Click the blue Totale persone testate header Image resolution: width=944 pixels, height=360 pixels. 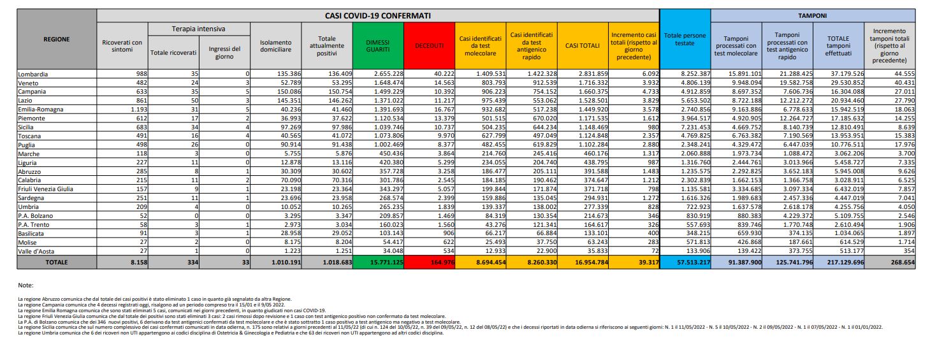tap(685, 40)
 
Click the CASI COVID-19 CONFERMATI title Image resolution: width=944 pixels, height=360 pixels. tap(379, 14)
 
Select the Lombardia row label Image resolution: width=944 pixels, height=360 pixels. tap(33, 74)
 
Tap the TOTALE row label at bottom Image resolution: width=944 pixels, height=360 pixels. tap(57, 263)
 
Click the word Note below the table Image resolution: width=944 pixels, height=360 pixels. tap(25, 285)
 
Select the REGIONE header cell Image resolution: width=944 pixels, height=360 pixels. tap(57, 40)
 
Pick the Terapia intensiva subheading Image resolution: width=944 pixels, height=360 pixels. tap(199, 29)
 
